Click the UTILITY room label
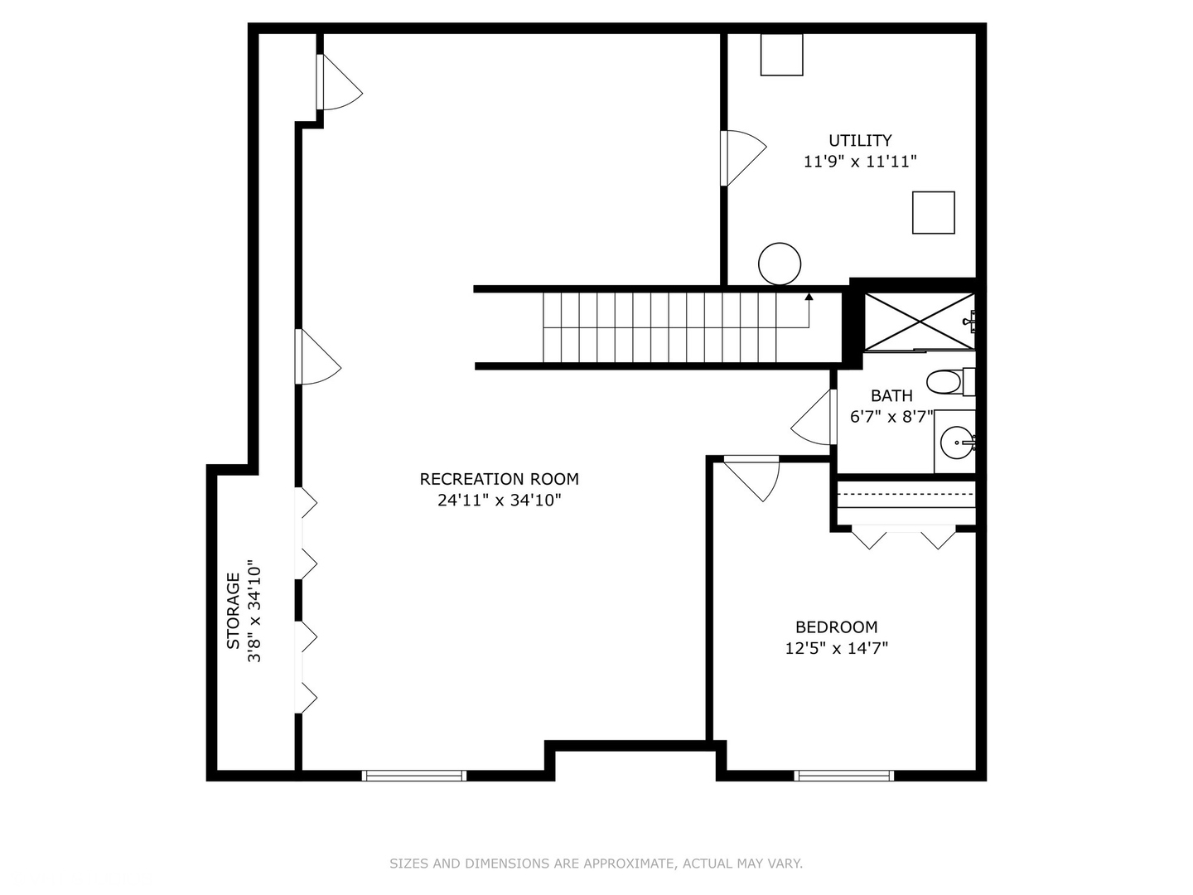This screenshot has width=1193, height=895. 860,141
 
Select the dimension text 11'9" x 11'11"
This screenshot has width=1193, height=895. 860,162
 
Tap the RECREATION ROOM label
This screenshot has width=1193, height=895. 499,479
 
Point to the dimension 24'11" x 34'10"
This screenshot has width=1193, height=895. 499,500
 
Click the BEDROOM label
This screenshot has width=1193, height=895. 836,627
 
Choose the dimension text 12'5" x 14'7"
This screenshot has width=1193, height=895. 836,648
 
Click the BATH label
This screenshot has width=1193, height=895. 891,396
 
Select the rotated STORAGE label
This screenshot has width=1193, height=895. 234,611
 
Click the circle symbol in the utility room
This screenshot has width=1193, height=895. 779,264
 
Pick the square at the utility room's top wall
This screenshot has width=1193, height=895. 781,55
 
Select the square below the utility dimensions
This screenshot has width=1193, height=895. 933,212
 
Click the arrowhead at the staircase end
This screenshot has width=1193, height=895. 809,295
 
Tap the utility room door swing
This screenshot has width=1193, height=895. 742,157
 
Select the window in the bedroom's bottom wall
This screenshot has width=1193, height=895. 843,776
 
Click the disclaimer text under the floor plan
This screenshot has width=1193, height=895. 596,864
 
